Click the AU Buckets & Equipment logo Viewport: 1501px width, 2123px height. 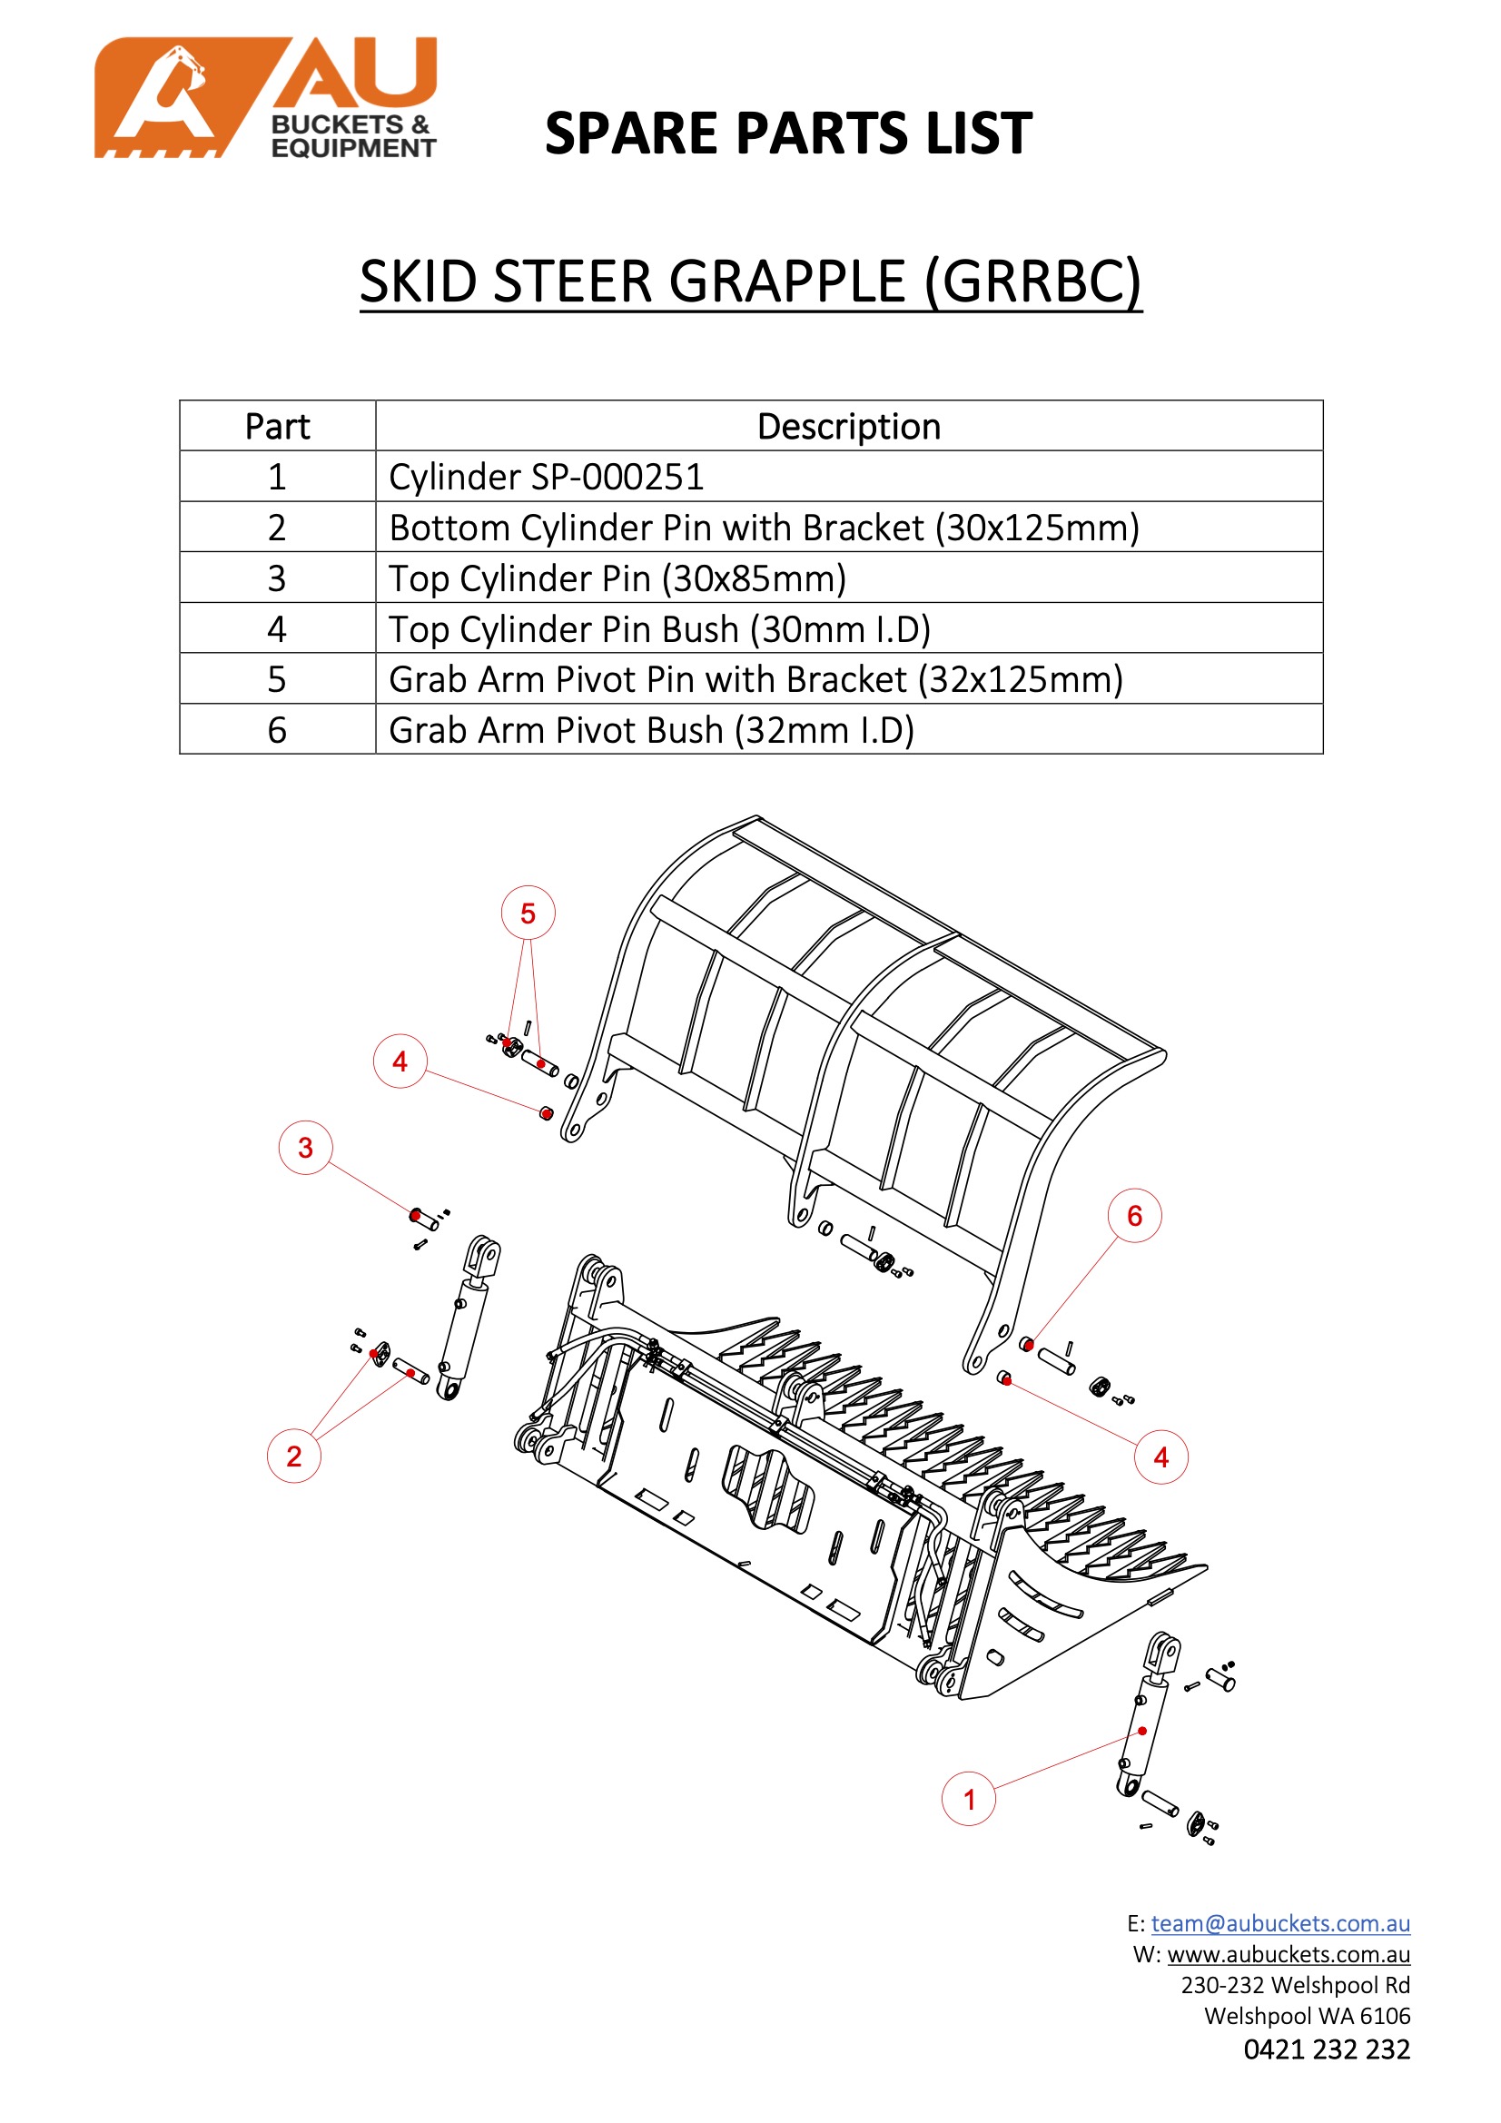click(265, 97)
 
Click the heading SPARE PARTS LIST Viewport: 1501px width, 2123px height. click(788, 133)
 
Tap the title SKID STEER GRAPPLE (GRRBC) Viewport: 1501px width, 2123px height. click(750, 281)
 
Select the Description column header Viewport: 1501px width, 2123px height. click(848, 426)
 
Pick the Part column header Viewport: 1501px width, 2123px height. click(277, 426)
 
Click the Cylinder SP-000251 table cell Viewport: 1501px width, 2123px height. click(546, 477)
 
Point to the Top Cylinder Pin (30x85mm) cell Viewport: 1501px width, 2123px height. click(617, 578)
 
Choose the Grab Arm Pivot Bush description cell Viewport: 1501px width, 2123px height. click(651, 730)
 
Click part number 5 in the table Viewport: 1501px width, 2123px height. click(277, 679)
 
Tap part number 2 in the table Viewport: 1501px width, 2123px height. click(277, 528)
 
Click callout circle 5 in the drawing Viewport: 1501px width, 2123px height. click(528, 913)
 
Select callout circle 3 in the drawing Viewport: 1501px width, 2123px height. click(305, 1148)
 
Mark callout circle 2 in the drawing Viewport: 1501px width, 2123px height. click(294, 1456)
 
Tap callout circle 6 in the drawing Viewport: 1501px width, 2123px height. click(1135, 1216)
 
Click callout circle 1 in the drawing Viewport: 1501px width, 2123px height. click(968, 1800)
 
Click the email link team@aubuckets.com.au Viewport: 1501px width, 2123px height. click(1280, 1923)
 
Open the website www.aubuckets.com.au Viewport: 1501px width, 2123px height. click(1289, 1954)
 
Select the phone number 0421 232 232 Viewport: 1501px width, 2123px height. click(1327, 2049)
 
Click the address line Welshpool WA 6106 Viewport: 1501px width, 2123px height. click(1307, 2016)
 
